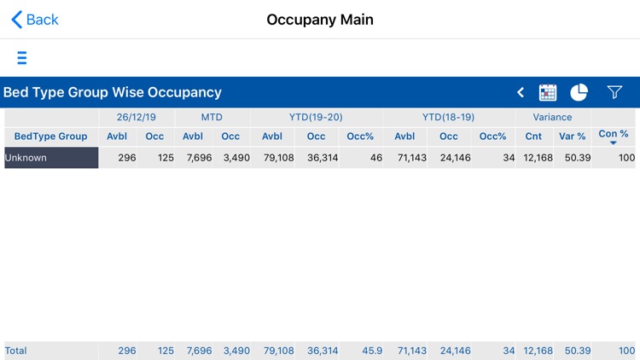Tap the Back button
pyautogui.click(x=35, y=20)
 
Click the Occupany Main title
pyautogui.click(x=320, y=20)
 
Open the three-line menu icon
pyautogui.click(x=21, y=58)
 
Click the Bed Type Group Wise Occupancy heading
pyautogui.click(x=113, y=92)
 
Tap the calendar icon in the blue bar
pyautogui.click(x=548, y=92)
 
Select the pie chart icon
pyautogui.click(x=579, y=92)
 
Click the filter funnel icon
pyautogui.click(x=614, y=92)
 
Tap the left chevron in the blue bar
pyautogui.click(x=521, y=92)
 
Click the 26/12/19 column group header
pyautogui.click(x=137, y=117)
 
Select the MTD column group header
pyautogui.click(x=212, y=117)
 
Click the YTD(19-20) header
pyautogui.click(x=317, y=117)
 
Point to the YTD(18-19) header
pyautogui.click(x=448, y=117)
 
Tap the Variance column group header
pyautogui.click(x=552, y=117)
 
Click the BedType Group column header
pyautogui.click(x=51, y=136)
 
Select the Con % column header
pyautogui.click(x=614, y=135)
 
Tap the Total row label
pyautogui.click(x=16, y=351)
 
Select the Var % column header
pyautogui.click(x=572, y=136)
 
